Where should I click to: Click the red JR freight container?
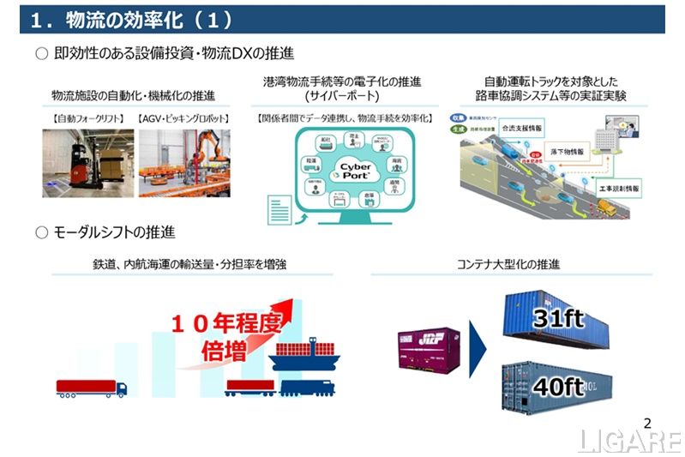pyautogui.click(x=431, y=351)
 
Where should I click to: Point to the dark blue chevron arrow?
pyautogui.click(x=478, y=351)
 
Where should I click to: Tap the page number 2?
pyautogui.click(x=647, y=422)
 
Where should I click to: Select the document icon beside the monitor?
pyautogui.click(x=279, y=209)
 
